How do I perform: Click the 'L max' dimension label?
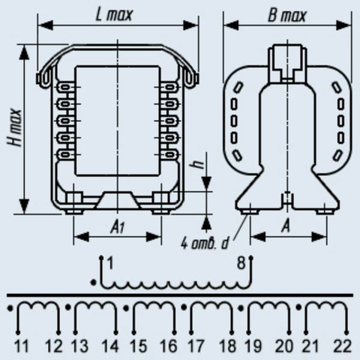tap(114, 15)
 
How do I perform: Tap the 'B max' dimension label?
tap(286, 16)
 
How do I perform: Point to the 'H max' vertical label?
tap(15, 127)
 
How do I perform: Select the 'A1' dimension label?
tap(118, 227)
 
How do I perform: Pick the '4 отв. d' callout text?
tap(205, 243)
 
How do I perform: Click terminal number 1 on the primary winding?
tap(110, 263)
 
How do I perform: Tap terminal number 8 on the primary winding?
tap(241, 263)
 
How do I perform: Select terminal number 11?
tap(22, 346)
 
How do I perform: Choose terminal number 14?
tap(110, 346)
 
